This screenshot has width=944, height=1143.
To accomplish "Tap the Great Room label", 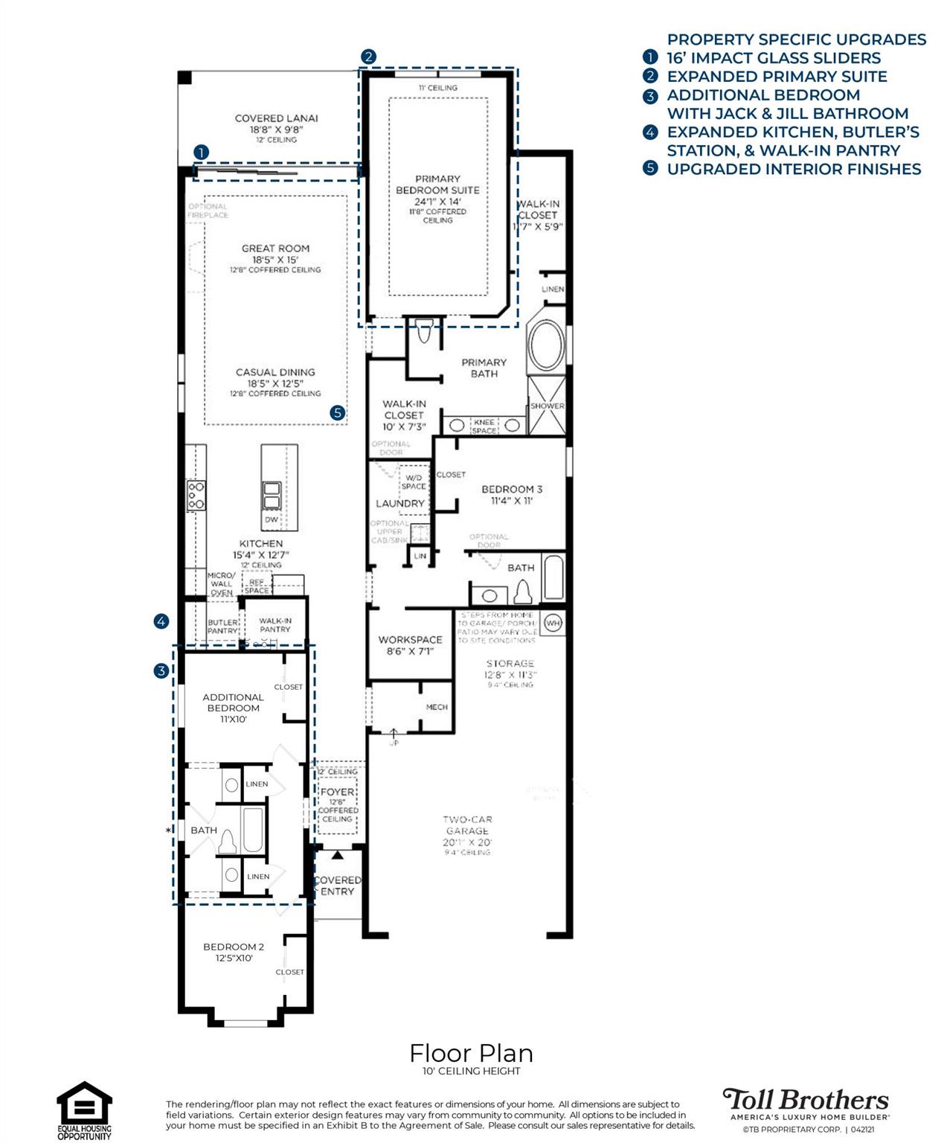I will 275,249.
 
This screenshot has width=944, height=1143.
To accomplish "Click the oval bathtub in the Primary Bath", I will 546,346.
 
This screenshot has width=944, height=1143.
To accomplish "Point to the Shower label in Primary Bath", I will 547,406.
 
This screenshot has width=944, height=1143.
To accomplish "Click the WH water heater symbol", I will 553,623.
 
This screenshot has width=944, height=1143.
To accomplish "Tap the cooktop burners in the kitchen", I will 196,495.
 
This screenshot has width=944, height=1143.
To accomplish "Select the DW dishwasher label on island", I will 272,519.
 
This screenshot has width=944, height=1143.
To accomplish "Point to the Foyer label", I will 338,793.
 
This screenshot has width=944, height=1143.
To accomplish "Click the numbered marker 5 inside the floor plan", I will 338,412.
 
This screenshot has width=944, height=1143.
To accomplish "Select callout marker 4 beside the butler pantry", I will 161,621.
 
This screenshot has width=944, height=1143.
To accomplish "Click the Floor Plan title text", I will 471,1053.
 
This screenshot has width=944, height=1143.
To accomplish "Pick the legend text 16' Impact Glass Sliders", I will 773,58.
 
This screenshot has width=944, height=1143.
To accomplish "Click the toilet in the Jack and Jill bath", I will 227,842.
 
